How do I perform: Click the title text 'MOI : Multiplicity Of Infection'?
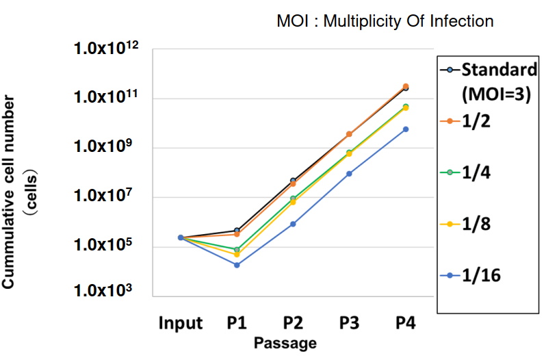[x=385, y=21]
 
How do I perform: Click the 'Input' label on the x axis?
[x=181, y=322]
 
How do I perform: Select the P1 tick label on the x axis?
[x=237, y=322]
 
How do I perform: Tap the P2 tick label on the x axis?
[x=294, y=322]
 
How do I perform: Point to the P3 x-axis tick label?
[x=350, y=322]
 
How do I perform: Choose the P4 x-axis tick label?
[x=406, y=322]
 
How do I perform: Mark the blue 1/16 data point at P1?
[x=237, y=265]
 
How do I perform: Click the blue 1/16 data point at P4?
[x=406, y=129]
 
